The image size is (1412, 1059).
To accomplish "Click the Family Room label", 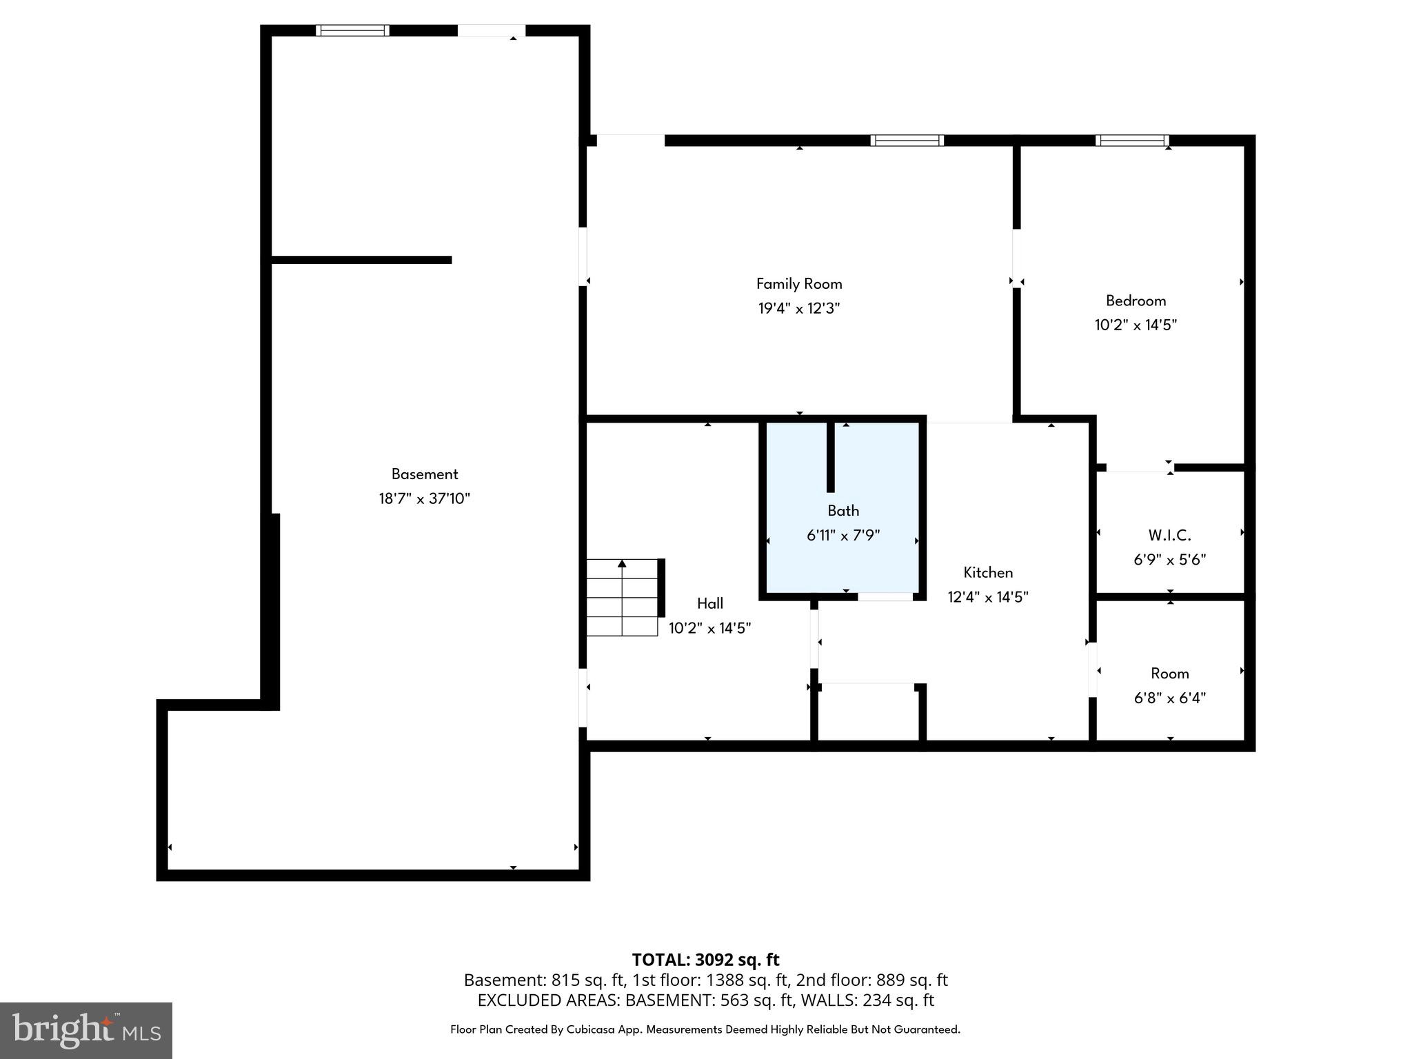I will (x=799, y=283).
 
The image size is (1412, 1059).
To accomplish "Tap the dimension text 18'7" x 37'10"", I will (x=424, y=498).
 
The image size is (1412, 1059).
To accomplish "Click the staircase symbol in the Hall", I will (x=622, y=597).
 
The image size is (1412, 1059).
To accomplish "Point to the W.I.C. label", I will (x=1169, y=535).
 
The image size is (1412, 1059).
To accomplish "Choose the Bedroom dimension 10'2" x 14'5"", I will (x=1136, y=325).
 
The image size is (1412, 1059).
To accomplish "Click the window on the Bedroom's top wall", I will (x=1132, y=141).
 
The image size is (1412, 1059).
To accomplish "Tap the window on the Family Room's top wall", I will (x=907, y=141).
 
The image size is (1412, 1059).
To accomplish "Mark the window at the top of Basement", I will (x=352, y=30).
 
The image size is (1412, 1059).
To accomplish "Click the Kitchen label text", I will (x=988, y=572).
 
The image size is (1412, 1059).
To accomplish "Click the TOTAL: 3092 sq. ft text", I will (x=705, y=960).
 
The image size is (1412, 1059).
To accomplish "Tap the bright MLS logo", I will (x=86, y=1031).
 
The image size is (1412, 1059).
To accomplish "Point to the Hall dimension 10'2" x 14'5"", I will (x=709, y=628).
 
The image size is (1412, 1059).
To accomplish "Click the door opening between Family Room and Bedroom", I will (x=1016, y=259).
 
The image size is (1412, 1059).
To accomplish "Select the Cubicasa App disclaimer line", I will (x=705, y=1029).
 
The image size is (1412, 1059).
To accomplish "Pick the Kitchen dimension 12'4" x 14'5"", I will (x=988, y=597).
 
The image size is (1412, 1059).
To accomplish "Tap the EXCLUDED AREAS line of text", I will (x=705, y=1000).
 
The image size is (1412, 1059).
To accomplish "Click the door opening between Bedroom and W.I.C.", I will (x=1136, y=467).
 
